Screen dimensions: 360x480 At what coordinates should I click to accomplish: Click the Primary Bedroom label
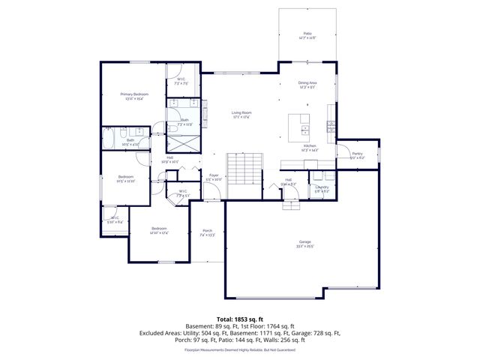[x=135, y=94]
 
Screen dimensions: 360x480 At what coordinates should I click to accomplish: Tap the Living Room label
[x=241, y=113]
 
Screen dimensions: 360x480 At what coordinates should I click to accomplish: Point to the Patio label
[x=307, y=34]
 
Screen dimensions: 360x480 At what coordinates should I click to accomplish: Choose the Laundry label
[x=322, y=187]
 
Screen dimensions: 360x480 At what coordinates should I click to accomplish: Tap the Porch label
[x=208, y=231]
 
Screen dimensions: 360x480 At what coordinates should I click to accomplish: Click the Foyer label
[x=214, y=175]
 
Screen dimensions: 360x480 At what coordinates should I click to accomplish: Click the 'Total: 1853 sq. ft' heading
[x=239, y=320]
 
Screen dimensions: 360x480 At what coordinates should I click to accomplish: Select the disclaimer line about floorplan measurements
[x=239, y=349]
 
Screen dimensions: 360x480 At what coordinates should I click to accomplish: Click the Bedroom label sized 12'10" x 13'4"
[x=159, y=229]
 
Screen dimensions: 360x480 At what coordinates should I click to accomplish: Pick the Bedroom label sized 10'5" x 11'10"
[x=125, y=179]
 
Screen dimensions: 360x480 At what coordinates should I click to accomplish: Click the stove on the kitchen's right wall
[x=331, y=124]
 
